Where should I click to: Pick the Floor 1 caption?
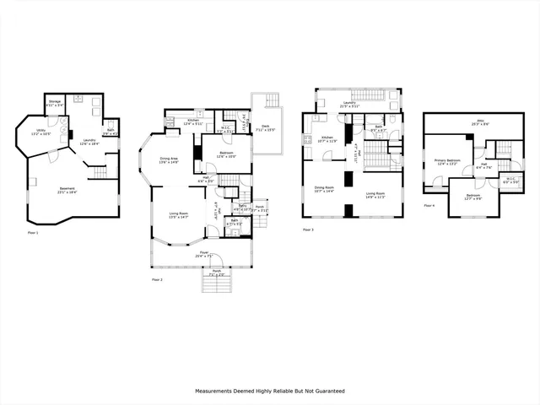click(31, 233)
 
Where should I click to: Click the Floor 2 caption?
click(157, 278)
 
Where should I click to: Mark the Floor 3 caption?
click(309, 229)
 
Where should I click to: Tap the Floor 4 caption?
click(429, 205)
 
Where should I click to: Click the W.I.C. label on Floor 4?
click(509, 179)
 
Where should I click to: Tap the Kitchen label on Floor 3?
click(327, 138)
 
